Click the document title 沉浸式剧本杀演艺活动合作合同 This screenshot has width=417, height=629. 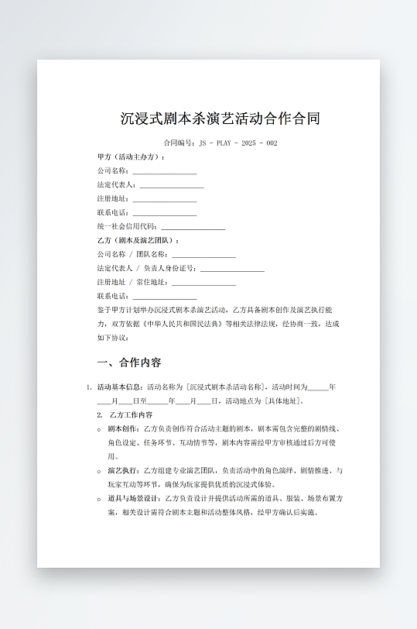220,119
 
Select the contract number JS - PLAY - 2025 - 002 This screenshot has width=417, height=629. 238,143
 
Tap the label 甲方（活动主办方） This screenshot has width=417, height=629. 131,156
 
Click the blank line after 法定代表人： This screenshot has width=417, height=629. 172,186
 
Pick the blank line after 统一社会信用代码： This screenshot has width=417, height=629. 193,228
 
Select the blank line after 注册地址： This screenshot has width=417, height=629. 164,200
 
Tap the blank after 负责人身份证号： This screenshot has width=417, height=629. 232,270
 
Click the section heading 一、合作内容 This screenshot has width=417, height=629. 129,363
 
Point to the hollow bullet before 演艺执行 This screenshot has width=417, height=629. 99,471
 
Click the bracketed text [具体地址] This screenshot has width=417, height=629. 284,400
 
